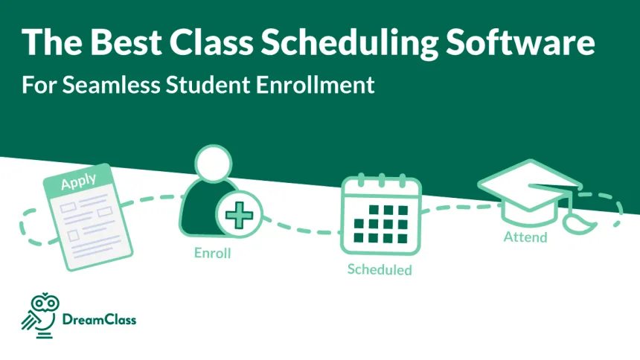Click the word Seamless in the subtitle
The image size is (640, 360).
pos(109,85)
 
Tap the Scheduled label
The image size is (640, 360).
pos(379,269)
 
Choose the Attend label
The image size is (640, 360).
pos(525,237)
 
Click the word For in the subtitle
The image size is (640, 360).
pos(36,85)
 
